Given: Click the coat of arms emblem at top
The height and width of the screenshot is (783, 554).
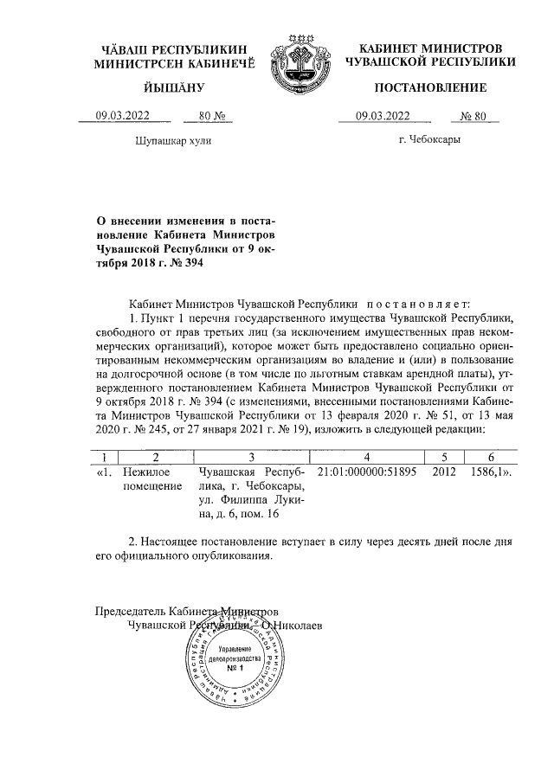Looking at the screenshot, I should pyautogui.click(x=299, y=55).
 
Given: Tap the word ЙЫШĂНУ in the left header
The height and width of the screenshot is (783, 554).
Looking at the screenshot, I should pyautogui.click(x=173, y=87).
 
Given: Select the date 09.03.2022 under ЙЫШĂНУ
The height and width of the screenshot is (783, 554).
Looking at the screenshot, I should pyautogui.click(x=121, y=116).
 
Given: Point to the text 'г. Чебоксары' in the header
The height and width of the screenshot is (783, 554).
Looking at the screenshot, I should pyautogui.click(x=429, y=139).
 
